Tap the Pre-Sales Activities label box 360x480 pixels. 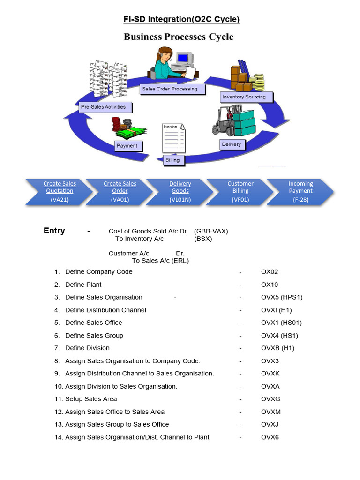pos(104,107)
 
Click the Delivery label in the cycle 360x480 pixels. pos(231,144)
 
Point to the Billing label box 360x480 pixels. pos(172,160)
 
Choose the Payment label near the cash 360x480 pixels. pos(127,146)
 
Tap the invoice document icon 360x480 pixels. pos(173,138)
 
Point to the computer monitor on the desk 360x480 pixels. pos(184,59)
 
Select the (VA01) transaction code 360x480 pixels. pos(120,200)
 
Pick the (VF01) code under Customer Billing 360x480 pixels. pos(240,200)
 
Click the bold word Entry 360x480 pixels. pos(54,231)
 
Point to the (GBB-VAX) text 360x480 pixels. pos(211,231)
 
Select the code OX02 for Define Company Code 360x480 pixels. pos(270,272)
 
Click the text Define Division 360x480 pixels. pos(87,348)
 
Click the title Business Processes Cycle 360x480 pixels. pos(179,37)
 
